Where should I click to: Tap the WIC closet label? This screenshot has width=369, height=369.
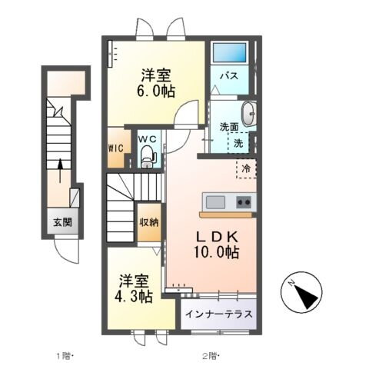(115, 148)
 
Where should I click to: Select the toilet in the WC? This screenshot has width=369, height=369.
(148, 158)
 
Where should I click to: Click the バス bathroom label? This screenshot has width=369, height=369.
(229, 77)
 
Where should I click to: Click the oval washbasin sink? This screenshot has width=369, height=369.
(249, 113)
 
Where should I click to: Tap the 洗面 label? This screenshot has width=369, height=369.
(228, 127)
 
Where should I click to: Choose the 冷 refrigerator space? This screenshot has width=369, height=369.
(247, 168)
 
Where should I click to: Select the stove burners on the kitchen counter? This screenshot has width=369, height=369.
(244, 202)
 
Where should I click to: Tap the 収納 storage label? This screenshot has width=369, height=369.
(148, 222)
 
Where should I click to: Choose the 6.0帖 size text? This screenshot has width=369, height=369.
(155, 91)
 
